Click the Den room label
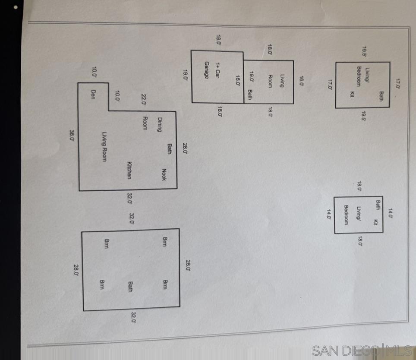coord(93,95)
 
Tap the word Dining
coord(160,125)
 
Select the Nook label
coord(164,174)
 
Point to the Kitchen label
coord(129,171)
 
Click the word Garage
coord(207,70)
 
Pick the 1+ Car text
coord(217,70)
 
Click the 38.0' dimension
coord(72,135)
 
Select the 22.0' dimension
coord(144,100)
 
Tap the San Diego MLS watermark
coord(362,351)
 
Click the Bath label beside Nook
coord(169,149)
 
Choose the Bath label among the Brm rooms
coord(130,287)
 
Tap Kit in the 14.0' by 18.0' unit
coord(375,222)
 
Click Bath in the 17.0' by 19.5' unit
coord(381,96)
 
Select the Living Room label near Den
coord(104,147)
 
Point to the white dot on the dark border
coord(16,7)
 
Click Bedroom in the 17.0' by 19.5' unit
coord(359,76)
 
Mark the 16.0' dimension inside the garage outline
coord(238,81)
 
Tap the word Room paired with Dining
coord(145,123)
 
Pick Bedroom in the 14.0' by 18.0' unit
coord(346,215)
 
